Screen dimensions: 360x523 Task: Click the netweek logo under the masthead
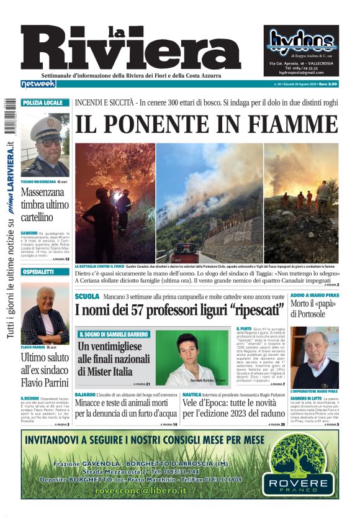click(38, 84)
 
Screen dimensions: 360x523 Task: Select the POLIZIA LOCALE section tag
click(43, 102)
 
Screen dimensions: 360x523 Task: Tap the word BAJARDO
click(85, 394)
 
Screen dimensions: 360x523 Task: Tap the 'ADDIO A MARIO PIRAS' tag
click(314, 296)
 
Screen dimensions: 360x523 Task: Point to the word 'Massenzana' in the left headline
click(45, 194)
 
